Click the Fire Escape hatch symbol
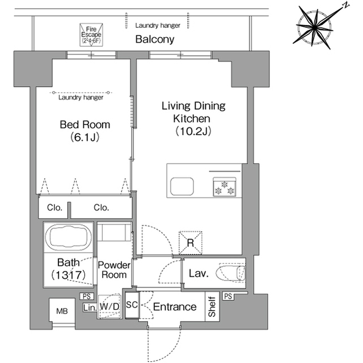click(91, 35)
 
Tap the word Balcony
click(155, 39)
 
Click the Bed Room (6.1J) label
click(85, 131)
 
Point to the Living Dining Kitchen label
click(193, 119)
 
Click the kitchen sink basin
click(182, 186)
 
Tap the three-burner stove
click(225, 187)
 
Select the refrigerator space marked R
click(191, 243)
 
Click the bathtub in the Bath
click(68, 237)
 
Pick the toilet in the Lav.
click(230, 273)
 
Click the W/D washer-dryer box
click(109, 306)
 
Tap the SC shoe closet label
click(132, 304)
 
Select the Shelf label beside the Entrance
click(212, 307)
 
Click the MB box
click(62, 311)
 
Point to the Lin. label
click(90, 307)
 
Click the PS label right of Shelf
click(228, 296)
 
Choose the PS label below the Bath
click(87, 296)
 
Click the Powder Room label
click(114, 270)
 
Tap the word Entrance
click(175, 307)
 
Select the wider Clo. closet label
click(101, 207)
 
